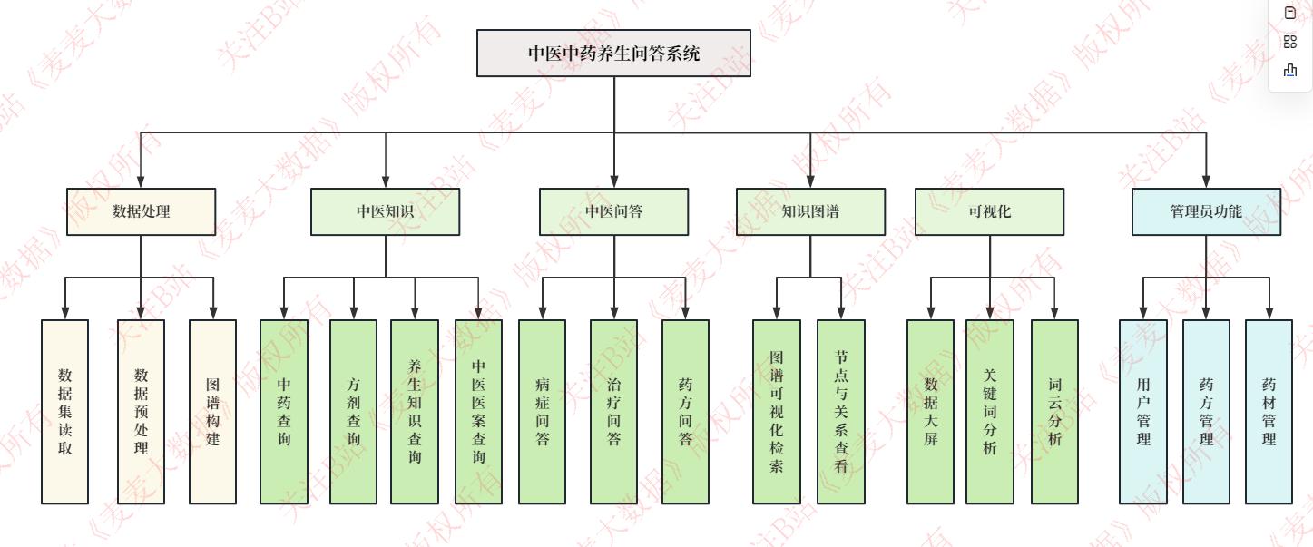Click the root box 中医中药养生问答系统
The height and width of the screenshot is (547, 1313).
[613, 53]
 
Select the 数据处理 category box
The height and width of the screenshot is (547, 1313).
[141, 211]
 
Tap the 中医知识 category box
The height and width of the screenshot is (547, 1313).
[385, 211]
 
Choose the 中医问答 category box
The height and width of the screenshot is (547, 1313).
[613, 211]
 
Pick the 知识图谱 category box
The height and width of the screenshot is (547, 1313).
[810, 211]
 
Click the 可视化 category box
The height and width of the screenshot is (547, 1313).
[989, 211]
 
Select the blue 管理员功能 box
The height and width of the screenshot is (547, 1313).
[1206, 211]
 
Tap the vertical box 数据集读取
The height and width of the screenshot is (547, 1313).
[65, 411]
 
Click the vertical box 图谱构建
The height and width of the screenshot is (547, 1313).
[212, 411]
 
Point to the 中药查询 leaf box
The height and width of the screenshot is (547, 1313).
[284, 411]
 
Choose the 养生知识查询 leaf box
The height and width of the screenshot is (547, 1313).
[415, 411]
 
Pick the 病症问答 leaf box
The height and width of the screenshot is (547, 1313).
[543, 411]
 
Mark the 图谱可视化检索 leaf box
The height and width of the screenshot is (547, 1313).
[777, 411]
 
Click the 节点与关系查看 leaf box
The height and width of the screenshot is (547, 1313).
[840, 411]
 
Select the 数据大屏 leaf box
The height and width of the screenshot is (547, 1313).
[930, 411]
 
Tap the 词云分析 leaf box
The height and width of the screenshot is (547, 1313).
[1054, 411]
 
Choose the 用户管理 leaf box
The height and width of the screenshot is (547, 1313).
[1142, 411]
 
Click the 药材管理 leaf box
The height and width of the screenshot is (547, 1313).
[1269, 411]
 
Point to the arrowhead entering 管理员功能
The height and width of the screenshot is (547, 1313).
[1206, 181]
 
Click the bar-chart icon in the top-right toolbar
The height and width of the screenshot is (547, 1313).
[1290, 70]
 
